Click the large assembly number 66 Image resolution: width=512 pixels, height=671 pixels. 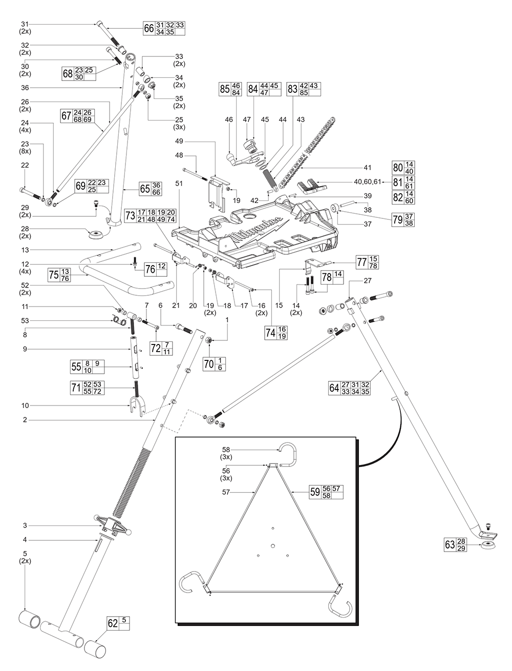pyautogui.click(x=148, y=28)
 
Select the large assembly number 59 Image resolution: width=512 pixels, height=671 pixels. pyautogui.click(x=315, y=492)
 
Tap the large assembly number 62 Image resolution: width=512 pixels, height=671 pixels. pyautogui.click(x=112, y=624)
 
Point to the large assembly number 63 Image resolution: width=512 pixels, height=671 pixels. pyautogui.click(x=450, y=544)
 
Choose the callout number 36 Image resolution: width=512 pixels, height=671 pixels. pyautogui.click(x=25, y=88)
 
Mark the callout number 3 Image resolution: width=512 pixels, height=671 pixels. pyautogui.click(x=25, y=525)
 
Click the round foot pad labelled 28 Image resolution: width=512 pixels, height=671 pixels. pyautogui.click(x=96, y=235)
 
